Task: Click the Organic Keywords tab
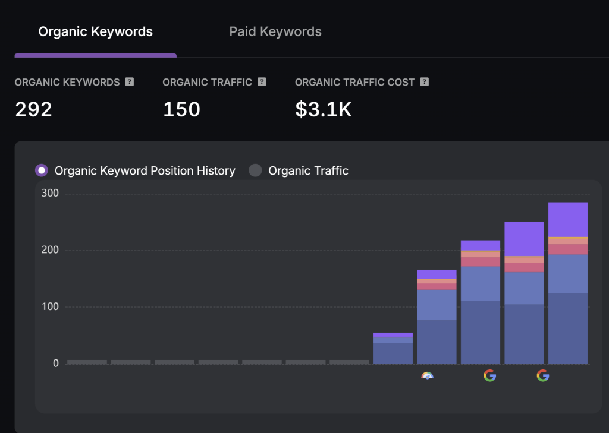coord(95,32)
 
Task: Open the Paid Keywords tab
coord(275,32)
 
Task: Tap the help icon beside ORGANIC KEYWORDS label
coord(130,82)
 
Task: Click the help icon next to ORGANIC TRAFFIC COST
coord(424,82)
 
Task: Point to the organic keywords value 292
coord(33,109)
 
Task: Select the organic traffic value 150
coord(181,109)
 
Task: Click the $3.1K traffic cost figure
coord(323,109)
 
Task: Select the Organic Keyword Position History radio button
coord(42,170)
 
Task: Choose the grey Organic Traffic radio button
coord(255,170)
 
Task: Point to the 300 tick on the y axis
coord(50,192)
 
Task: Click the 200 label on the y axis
coord(50,249)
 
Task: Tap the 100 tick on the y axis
coord(50,306)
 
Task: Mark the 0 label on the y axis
coord(56,363)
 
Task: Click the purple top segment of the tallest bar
coord(567,219)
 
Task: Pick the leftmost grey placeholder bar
coord(87,362)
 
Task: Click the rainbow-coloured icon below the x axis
coord(427,375)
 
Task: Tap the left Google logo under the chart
coord(489,375)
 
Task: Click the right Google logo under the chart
coord(542,375)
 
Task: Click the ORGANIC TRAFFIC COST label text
coord(354,82)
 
